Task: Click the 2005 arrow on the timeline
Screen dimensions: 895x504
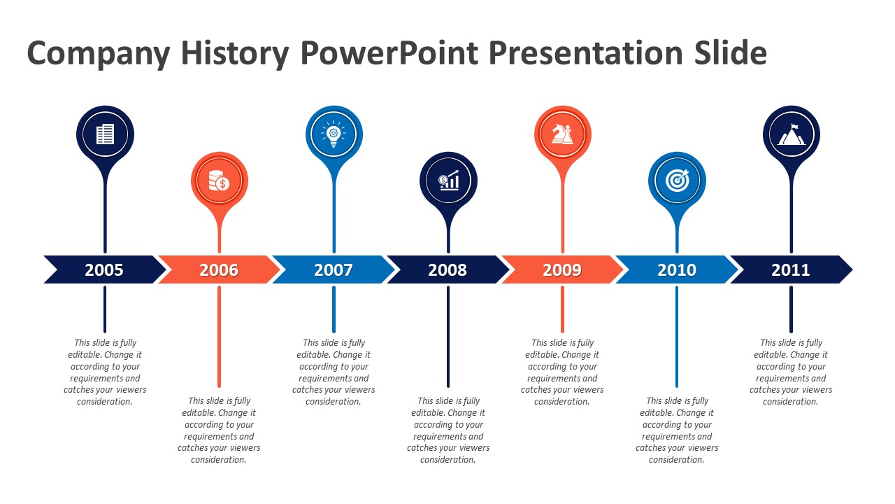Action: tap(105, 269)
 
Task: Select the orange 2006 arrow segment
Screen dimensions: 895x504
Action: tap(219, 269)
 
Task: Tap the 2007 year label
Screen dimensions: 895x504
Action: tap(334, 270)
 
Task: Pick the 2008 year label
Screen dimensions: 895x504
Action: tap(447, 270)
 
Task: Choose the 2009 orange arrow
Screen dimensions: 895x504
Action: tap(562, 269)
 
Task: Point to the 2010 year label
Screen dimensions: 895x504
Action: tap(677, 270)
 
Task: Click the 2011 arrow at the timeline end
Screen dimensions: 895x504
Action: tap(791, 269)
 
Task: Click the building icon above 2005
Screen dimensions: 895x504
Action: tap(105, 134)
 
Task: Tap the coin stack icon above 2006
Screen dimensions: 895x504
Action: tap(219, 181)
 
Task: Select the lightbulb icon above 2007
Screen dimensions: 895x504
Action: tap(334, 134)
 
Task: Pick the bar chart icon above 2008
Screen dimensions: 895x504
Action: tap(448, 181)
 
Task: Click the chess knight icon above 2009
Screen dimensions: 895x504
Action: tap(562, 134)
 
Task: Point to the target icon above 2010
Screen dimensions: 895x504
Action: tap(678, 181)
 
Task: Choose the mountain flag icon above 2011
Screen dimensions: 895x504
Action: tap(791, 134)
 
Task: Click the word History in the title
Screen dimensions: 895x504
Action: tap(235, 54)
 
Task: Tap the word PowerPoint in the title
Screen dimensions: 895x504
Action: tap(389, 52)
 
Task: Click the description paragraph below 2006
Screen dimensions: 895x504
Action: tap(219, 430)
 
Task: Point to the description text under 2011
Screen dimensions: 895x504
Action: tap(791, 372)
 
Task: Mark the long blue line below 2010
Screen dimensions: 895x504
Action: tap(677, 337)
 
